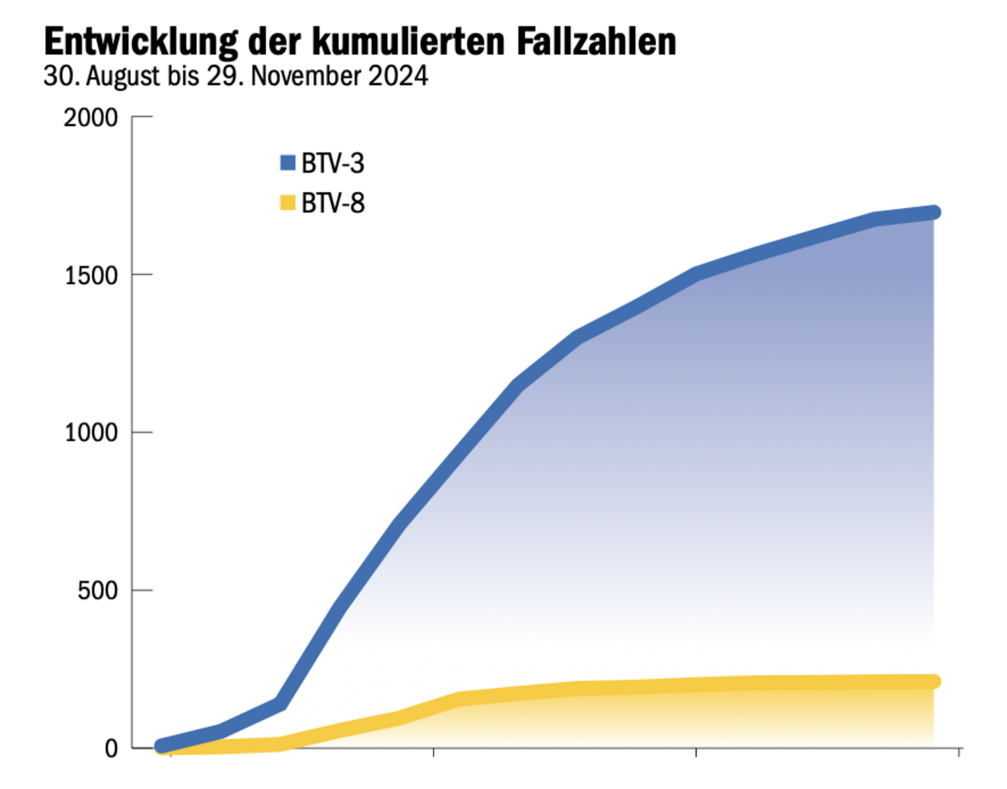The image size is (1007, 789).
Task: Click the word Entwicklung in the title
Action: pos(140,42)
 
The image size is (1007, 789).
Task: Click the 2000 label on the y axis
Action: pos(91,117)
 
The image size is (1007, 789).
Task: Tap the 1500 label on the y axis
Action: pos(91,275)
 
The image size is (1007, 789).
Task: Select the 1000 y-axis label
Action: pos(91,433)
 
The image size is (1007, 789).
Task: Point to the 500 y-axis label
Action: pos(97,590)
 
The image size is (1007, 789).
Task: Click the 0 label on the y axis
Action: pos(111,749)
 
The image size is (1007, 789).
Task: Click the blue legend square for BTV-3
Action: pos(288,163)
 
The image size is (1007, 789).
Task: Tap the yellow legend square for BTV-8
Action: pos(288,203)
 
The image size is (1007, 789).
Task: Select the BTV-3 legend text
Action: pos(333,163)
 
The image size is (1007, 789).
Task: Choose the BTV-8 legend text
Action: pos(333,204)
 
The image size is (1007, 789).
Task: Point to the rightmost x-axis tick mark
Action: pos(959,752)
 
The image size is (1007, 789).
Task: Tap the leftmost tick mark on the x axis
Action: pos(170,752)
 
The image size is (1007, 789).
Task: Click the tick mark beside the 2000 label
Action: pos(142,117)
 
